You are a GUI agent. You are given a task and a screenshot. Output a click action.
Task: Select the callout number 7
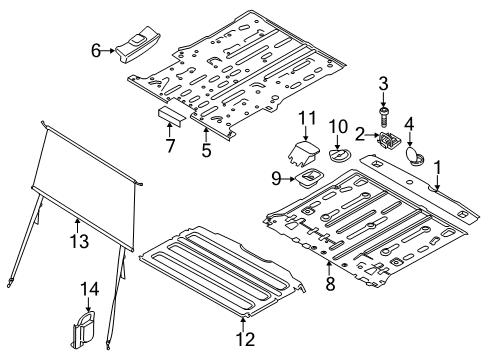168,144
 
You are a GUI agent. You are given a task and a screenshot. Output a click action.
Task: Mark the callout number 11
306,123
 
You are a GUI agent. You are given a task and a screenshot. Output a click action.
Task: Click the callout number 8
329,282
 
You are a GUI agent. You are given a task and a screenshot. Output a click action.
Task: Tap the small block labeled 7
166,116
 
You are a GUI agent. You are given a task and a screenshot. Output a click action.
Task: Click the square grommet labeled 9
307,178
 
